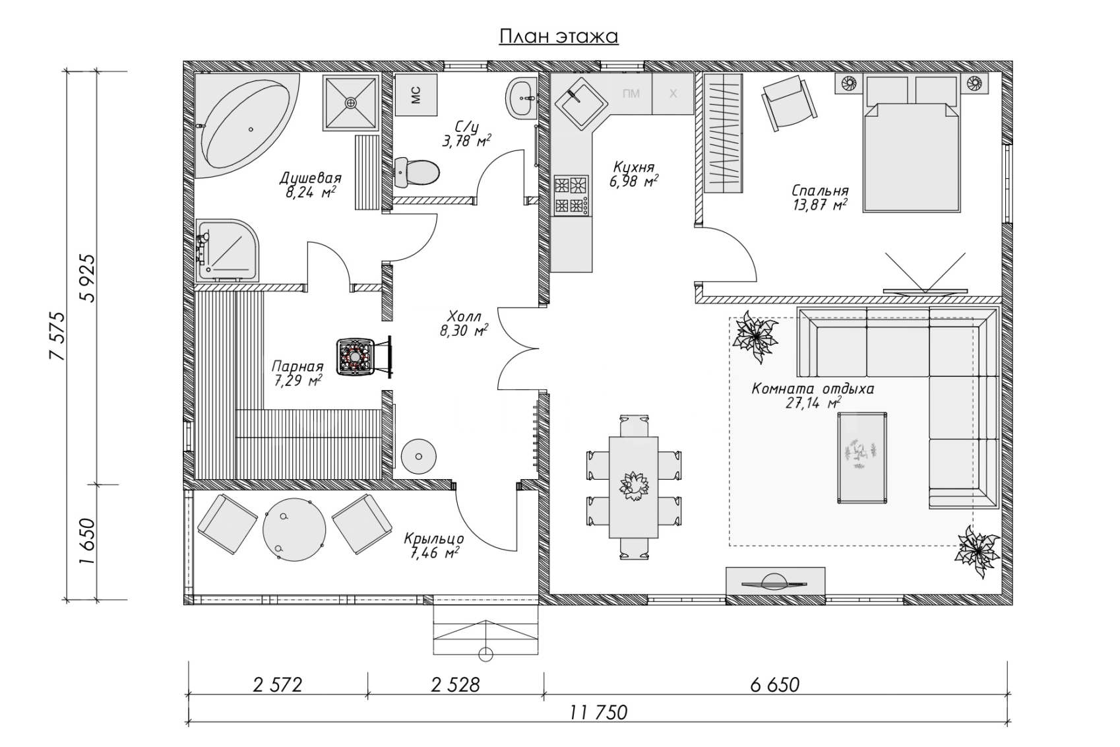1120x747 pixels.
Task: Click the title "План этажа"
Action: click(x=559, y=36)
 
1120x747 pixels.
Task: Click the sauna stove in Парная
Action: click(x=356, y=357)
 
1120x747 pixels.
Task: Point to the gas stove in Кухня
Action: click(x=571, y=195)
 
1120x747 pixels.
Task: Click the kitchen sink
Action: click(x=580, y=104)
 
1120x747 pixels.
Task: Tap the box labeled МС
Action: click(x=416, y=95)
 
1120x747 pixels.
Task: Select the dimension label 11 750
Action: click(x=598, y=713)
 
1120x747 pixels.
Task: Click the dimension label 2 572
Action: click(x=278, y=685)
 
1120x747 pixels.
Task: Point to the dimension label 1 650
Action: click(x=87, y=542)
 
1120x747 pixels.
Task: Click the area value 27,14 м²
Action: click(x=813, y=403)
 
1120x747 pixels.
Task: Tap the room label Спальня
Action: click(x=820, y=191)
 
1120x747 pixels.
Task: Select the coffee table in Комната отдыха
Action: click(x=862, y=458)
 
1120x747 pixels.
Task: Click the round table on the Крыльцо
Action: click(x=294, y=529)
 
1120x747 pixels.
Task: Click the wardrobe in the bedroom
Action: click(x=724, y=133)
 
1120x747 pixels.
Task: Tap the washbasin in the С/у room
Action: click(x=522, y=98)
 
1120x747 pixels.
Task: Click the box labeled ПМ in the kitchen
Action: click(x=631, y=94)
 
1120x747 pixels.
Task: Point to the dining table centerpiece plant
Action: click(x=633, y=486)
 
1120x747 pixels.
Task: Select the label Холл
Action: click(x=464, y=316)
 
